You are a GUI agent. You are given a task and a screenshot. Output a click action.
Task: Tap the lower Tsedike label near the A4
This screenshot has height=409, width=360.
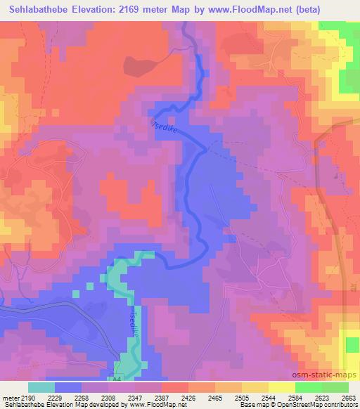pos(134,325)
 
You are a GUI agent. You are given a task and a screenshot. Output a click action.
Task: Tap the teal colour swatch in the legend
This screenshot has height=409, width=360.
pos(41,387)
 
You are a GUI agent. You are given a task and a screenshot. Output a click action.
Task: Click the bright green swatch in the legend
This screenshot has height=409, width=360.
pos(308,387)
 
